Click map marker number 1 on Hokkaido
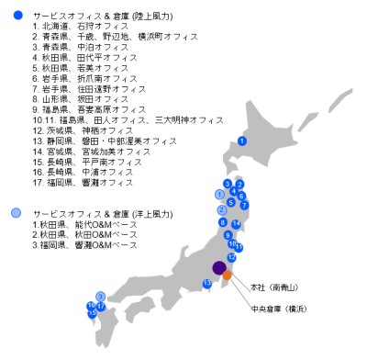click(241, 141)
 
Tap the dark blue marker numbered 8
click(221, 223)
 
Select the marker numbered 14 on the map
click(236, 223)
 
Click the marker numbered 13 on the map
click(207, 283)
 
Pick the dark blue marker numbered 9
click(228, 235)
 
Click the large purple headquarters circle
click(219, 268)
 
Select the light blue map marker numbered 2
click(221, 210)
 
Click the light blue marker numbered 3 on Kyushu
click(99, 296)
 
